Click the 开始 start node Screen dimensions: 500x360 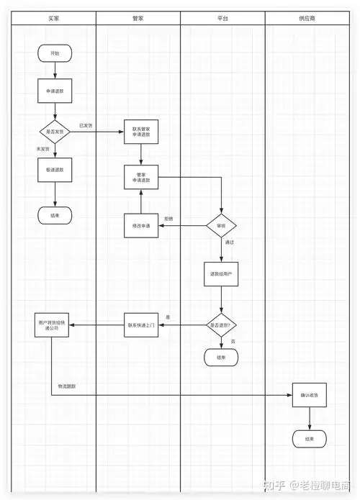(x=55, y=54)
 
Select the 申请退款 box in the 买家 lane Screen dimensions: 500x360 (x=55, y=91)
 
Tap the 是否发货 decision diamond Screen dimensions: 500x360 (x=55, y=132)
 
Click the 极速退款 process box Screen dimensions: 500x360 (x=55, y=171)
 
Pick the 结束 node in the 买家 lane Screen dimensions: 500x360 (x=55, y=214)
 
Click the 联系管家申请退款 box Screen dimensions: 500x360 (x=140, y=132)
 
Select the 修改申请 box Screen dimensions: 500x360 (x=140, y=226)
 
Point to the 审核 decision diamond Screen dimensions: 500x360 (x=221, y=226)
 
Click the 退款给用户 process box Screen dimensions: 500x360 (x=221, y=274)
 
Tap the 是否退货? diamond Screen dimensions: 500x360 (x=221, y=325)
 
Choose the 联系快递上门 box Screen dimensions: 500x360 (x=140, y=325)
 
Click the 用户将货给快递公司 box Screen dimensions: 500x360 (x=51, y=325)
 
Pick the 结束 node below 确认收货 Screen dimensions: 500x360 (x=310, y=438)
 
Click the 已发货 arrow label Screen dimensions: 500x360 (x=86, y=126)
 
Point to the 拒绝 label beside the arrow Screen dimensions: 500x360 (x=168, y=219)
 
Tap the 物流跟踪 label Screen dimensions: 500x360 (x=67, y=387)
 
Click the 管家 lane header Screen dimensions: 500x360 (x=138, y=17)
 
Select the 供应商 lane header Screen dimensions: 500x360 (x=308, y=17)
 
